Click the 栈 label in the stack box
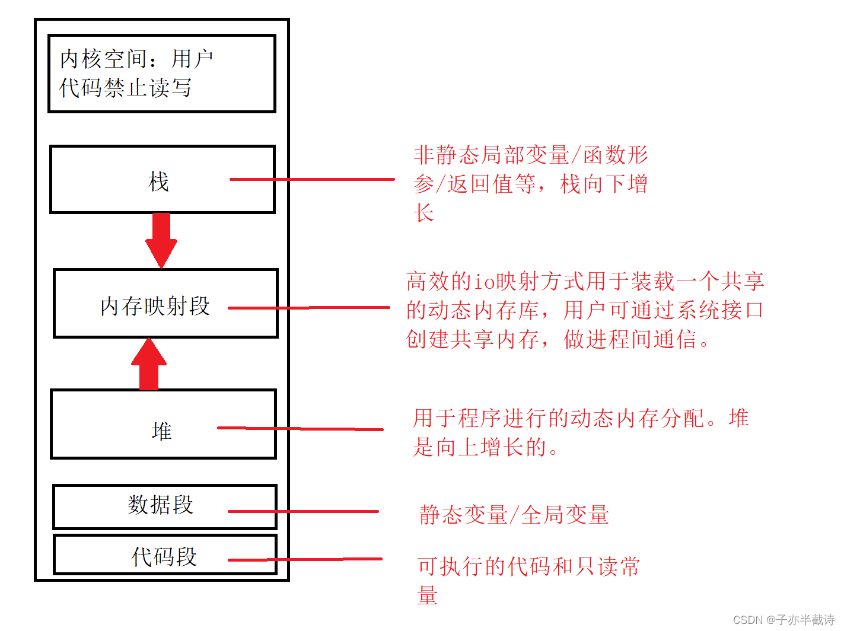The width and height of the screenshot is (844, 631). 158,181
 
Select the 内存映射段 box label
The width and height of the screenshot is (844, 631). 155,306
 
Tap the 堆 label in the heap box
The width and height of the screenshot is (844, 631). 161,431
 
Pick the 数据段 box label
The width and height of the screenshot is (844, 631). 160,505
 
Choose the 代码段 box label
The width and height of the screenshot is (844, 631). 164,556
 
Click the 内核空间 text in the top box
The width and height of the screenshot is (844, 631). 104,59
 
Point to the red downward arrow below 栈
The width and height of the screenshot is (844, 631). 161,240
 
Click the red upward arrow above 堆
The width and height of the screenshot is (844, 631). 149,364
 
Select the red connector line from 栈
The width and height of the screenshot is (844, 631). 312,179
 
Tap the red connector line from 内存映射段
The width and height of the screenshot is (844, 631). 309,308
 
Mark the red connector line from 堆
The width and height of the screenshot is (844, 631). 300,428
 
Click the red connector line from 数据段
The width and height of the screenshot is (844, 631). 303,511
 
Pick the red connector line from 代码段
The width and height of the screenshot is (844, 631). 305,559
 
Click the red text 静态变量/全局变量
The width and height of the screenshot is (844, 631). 514,515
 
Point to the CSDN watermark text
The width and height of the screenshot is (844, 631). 784,620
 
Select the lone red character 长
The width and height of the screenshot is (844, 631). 424,213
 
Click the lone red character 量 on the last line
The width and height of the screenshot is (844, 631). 428,595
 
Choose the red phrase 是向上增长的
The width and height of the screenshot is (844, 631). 480,447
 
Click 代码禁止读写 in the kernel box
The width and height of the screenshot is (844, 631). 126,88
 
